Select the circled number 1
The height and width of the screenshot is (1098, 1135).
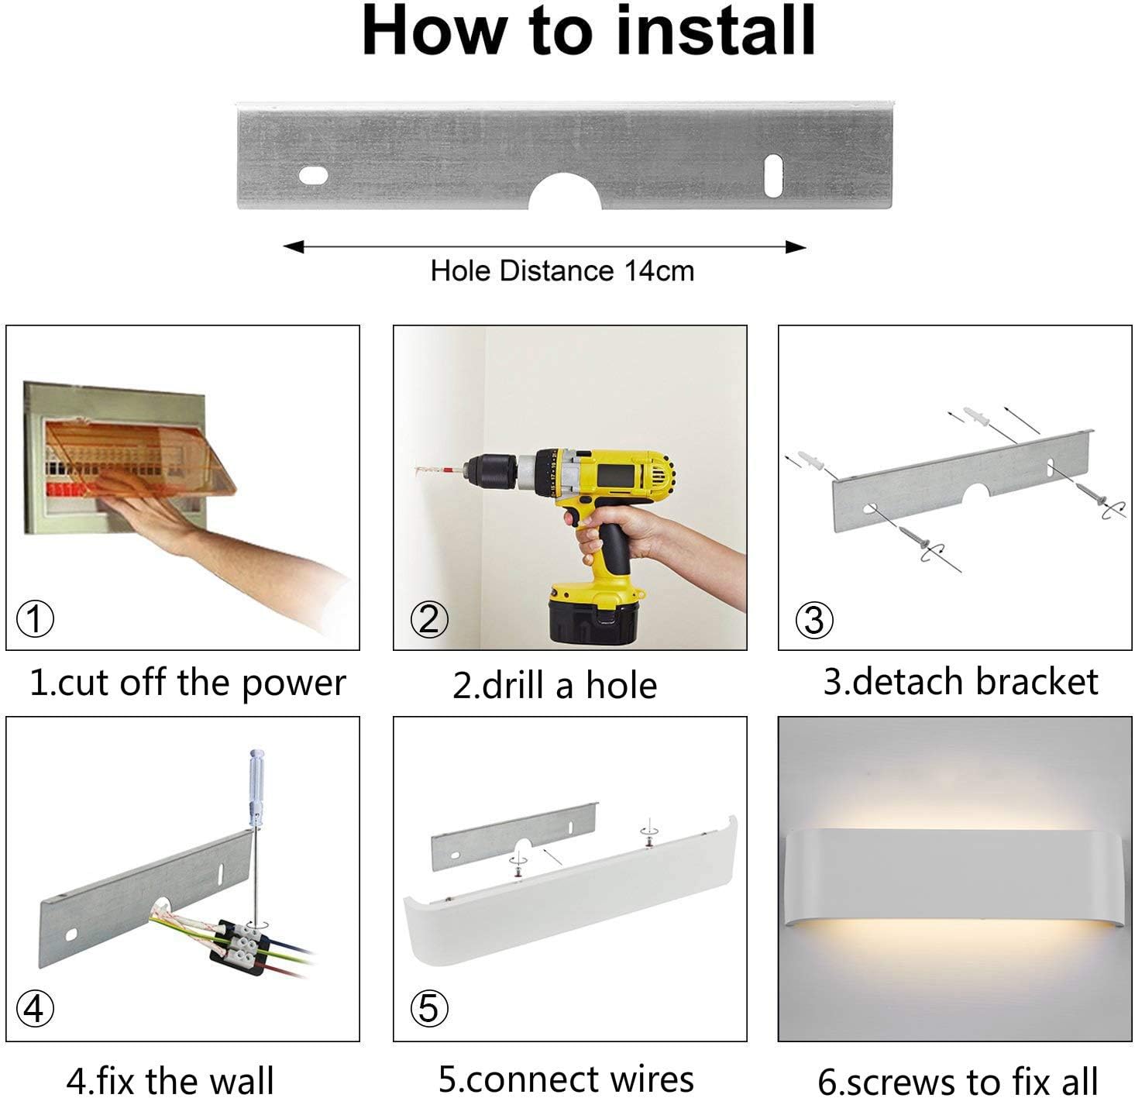click(x=36, y=620)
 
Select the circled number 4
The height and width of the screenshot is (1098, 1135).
click(x=36, y=1009)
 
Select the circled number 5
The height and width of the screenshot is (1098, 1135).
click(x=428, y=1008)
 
